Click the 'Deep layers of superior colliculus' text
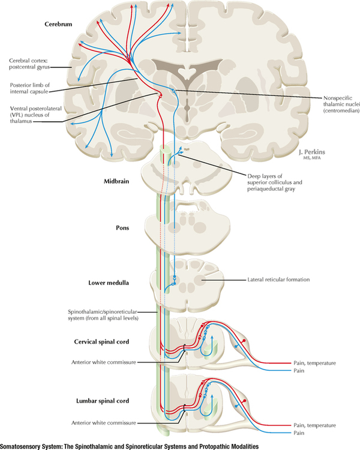pyautogui.click(x=282, y=176)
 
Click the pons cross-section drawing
pyautogui.click(x=180, y=228)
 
